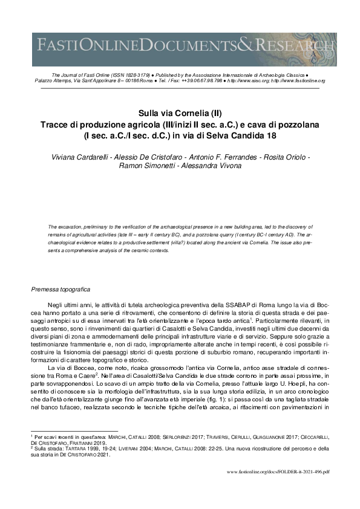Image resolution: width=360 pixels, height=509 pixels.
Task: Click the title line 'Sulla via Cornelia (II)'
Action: [x=180, y=113]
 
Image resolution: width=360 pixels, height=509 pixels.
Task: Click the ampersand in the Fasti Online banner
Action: [x=246, y=45]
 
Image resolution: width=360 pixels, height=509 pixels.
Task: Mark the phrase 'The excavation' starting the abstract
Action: [x=64, y=227]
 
